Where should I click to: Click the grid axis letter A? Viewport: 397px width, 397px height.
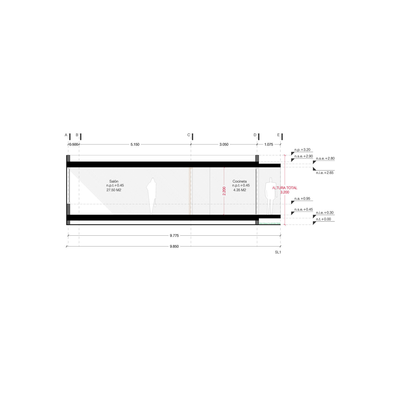[66, 135]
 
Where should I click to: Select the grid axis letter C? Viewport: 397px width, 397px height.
[189, 135]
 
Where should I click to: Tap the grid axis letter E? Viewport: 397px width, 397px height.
[278, 135]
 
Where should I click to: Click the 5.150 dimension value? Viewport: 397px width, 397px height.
[135, 144]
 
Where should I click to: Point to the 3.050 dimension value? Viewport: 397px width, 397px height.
[224, 144]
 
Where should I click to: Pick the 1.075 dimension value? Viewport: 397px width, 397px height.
[269, 144]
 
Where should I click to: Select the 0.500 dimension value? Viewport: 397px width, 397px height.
[74, 144]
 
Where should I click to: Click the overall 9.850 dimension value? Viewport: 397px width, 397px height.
[174, 246]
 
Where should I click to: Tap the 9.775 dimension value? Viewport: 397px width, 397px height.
[174, 235]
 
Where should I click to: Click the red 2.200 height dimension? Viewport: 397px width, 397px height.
[224, 191]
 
